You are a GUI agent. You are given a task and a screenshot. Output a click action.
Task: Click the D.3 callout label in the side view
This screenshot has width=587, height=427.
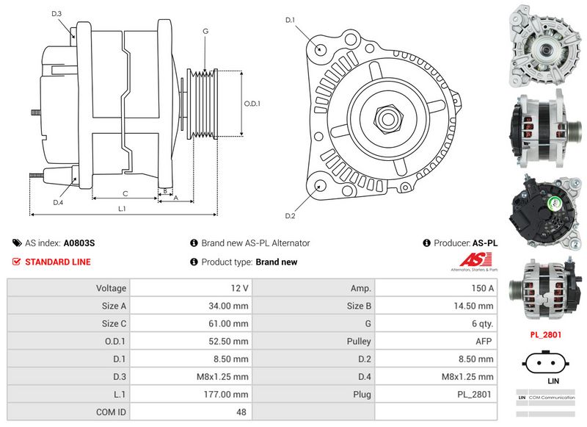[x=57, y=14]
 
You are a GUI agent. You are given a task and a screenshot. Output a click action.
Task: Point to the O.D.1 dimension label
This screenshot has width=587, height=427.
[x=252, y=104]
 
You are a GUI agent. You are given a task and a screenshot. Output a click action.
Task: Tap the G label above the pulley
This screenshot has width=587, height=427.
[x=205, y=31]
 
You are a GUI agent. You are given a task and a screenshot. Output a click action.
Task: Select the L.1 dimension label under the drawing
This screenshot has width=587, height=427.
[x=122, y=209]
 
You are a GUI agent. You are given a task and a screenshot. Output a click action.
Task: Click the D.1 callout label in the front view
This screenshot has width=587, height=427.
[x=290, y=19]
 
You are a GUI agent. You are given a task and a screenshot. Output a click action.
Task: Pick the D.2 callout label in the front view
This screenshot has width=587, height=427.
[x=290, y=215]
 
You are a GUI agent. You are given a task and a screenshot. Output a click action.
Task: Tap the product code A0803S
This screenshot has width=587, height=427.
[x=79, y=243]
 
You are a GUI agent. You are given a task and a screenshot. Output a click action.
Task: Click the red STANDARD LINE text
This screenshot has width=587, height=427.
[x=58, y=262]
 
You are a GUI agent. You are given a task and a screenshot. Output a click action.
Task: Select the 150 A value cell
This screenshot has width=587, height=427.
[x=481, y=288]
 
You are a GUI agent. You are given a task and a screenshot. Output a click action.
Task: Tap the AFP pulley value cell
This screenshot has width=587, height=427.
[x=484, y=342]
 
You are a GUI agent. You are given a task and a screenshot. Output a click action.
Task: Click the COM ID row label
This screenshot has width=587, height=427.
[x=111, y=412]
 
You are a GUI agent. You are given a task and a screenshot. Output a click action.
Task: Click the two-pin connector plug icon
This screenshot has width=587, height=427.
[x=545, y=363]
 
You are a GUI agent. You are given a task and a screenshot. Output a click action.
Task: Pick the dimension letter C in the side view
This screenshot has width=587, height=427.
[x=125, y=193]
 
